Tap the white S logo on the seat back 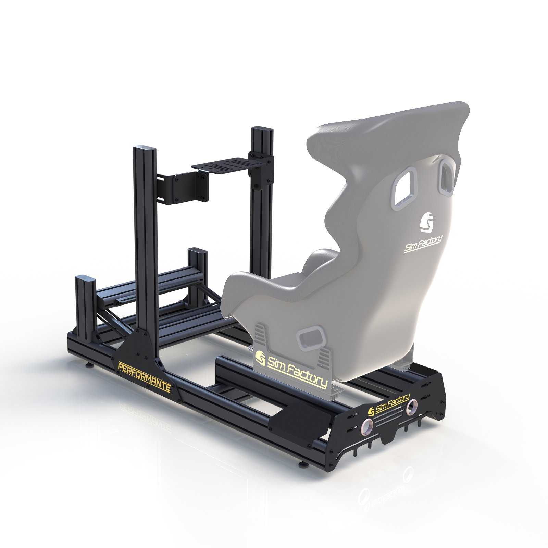coord(427,223)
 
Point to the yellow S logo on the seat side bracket coord(261,358)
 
